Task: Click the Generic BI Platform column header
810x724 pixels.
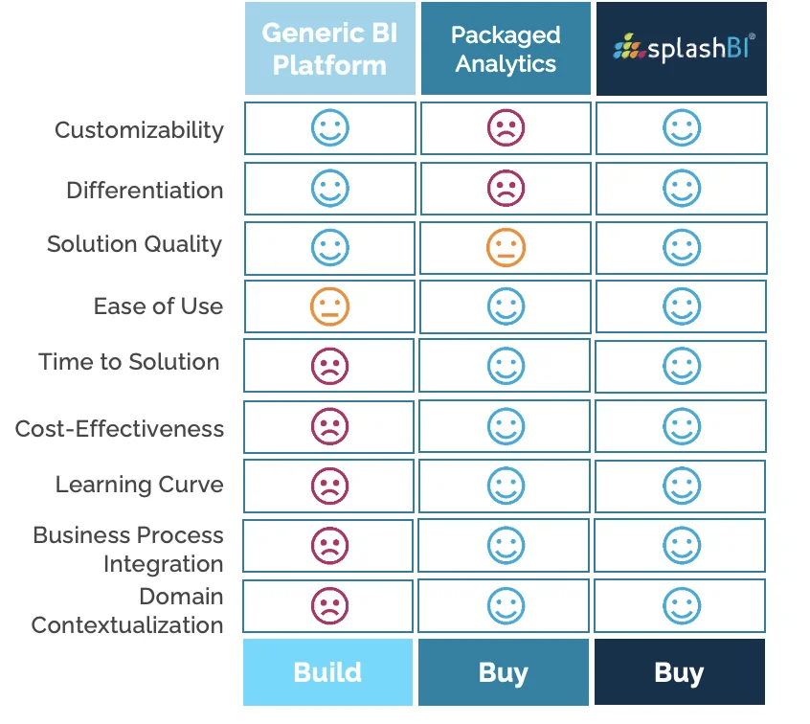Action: click(x=330, y=49)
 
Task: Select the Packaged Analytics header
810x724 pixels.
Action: click(x=506, y=49)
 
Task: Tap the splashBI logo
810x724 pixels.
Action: click(x=682, y=49)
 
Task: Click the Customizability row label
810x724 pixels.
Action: click(x=139, y=130)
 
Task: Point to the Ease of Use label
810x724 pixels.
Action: click(x=158, y=305)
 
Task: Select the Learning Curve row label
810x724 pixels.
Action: click(x=139, y=485)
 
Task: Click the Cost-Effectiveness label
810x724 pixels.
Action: click(x=120, y=428)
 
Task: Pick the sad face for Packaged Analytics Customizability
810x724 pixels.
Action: click(x=506, y=127)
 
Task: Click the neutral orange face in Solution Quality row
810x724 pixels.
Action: click(x=506, y=247)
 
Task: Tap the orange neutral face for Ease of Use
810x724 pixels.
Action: click(x=330, y=306)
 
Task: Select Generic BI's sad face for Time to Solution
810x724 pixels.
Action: click(x=330, y=366)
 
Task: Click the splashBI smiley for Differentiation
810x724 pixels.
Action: click(x=682, y=188)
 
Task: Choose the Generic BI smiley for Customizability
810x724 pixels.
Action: click(x=330, y=127)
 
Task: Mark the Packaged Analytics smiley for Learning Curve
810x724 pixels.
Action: click(x=506, y=486)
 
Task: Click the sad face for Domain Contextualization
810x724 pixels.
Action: click(x=330, y=605)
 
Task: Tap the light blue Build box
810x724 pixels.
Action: click(x=328, y=671)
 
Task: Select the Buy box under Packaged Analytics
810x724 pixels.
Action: click(x=504, y=671)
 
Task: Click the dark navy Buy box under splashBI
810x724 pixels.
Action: click(x=680, y=671)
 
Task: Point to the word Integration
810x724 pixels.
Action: click(x=163, y=564)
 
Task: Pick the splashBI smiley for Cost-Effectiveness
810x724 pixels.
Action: click(x=682, y=426)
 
